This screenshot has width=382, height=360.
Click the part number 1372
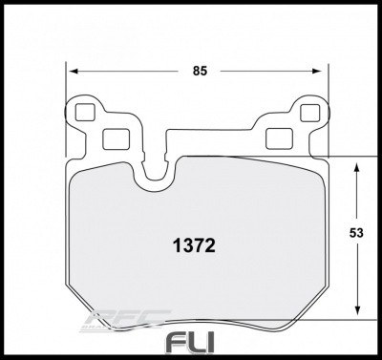192,244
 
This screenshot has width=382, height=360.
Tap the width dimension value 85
199,72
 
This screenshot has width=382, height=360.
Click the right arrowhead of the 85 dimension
321,72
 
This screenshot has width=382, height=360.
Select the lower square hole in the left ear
113,136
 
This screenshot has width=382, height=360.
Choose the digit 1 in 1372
174,244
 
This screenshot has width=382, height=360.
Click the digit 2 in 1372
209,244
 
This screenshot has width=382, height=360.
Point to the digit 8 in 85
194,72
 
